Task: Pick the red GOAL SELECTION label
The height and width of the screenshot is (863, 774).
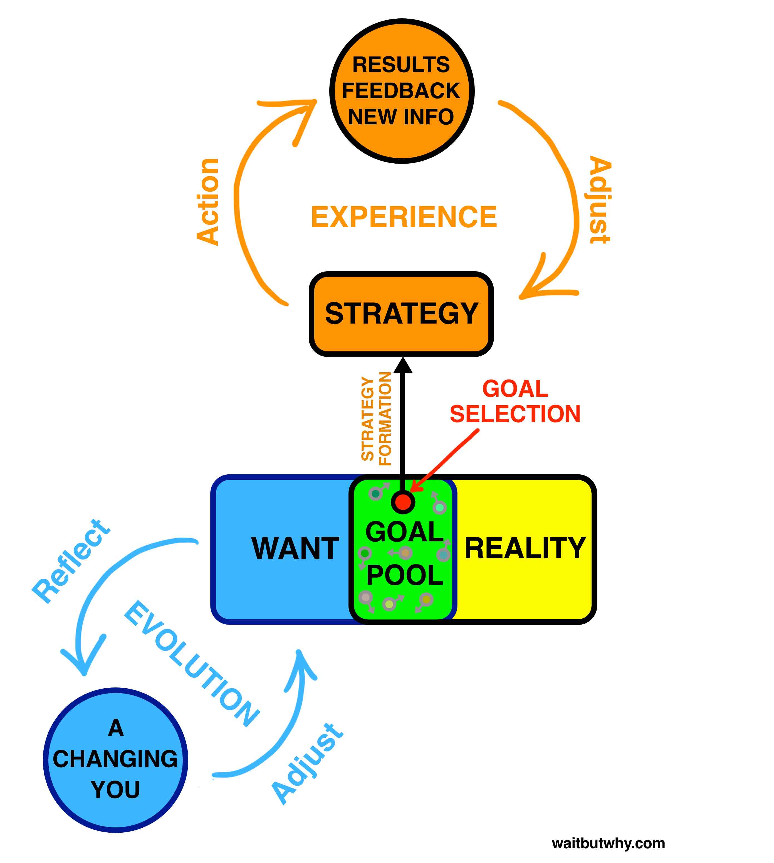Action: tap(515, 401)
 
